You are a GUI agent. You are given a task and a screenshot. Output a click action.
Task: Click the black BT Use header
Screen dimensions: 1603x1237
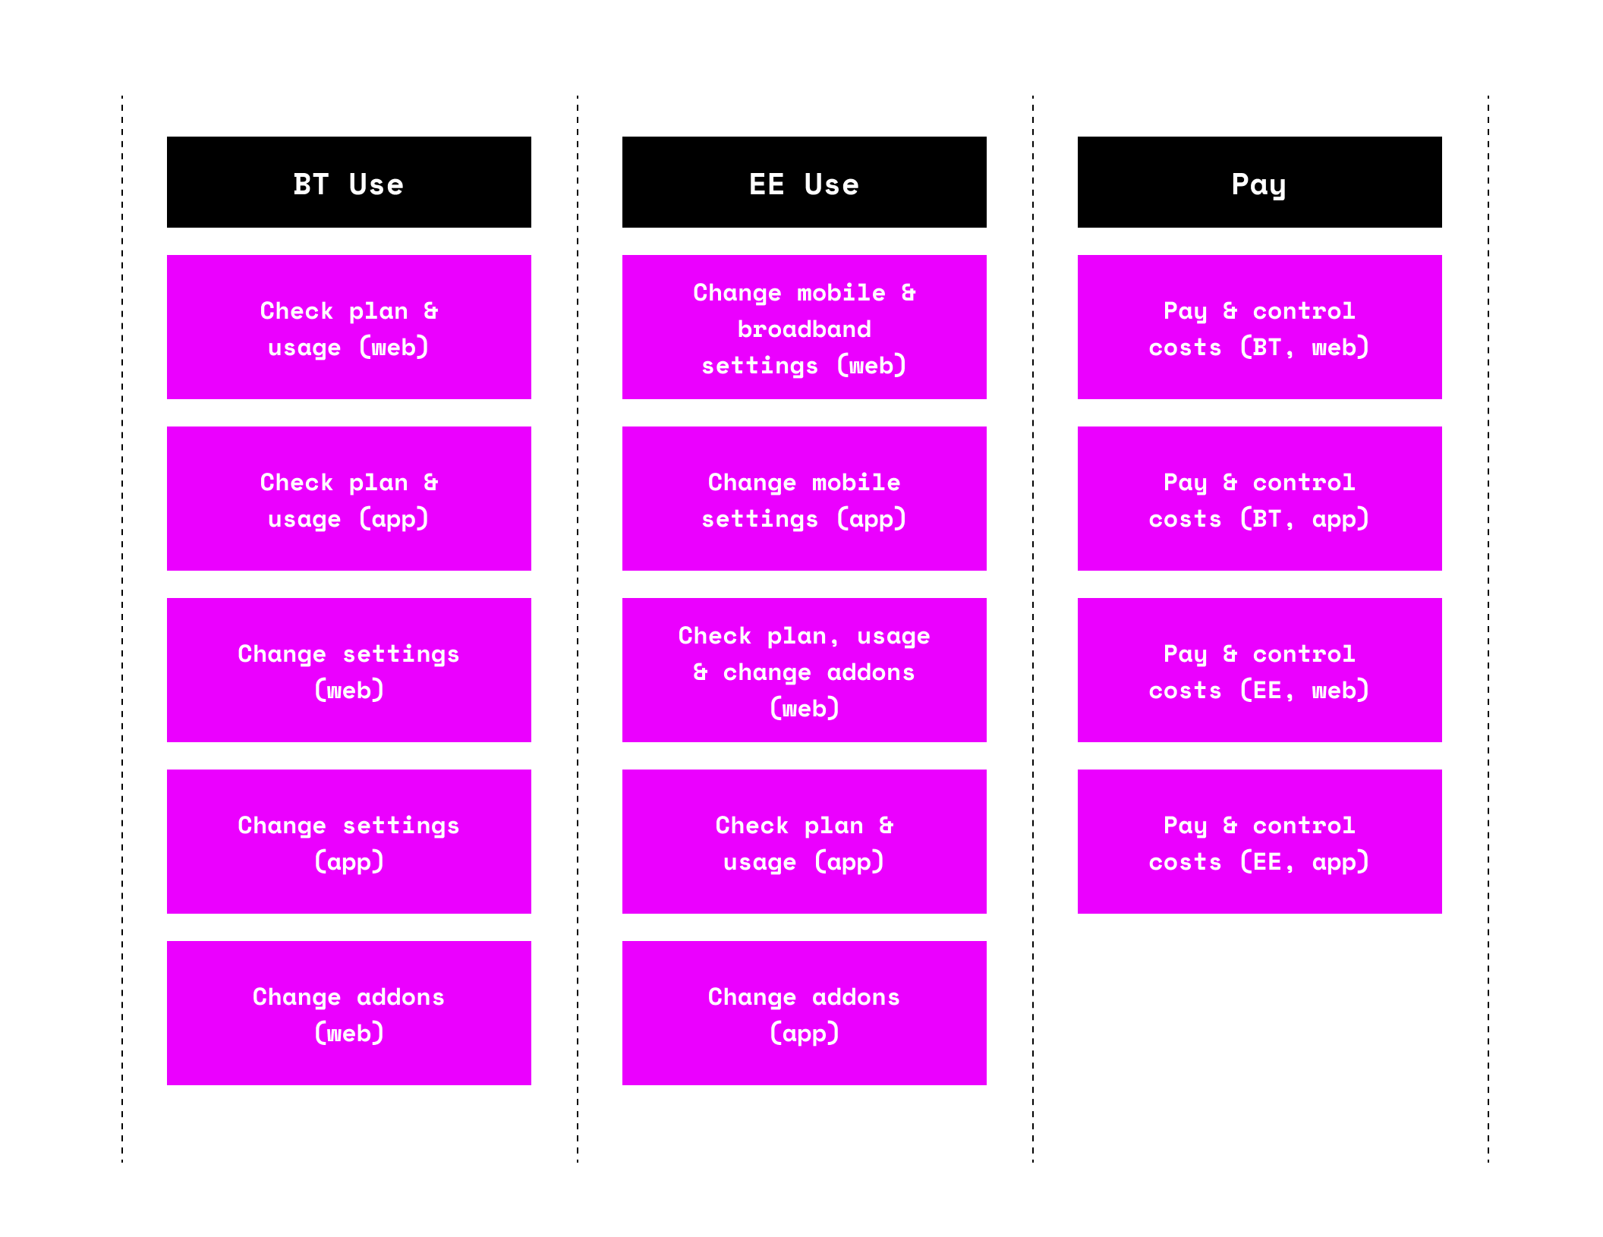point(349,182)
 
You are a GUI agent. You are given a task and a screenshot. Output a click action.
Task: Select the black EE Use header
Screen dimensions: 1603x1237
point(805,182)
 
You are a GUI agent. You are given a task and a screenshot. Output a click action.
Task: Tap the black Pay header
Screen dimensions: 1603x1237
point(1260,182)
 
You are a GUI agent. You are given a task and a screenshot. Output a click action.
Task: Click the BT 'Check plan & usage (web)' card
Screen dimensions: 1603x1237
point(349,327)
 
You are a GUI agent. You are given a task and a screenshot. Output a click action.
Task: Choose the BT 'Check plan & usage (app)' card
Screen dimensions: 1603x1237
point(349,499)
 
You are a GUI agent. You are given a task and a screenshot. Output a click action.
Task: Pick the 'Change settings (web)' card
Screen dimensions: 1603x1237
point(349,670)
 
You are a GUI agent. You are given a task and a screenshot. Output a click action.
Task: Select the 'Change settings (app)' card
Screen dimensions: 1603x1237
point(349,842)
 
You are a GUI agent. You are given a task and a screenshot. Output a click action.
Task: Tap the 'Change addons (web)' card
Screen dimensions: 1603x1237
point(349,1013)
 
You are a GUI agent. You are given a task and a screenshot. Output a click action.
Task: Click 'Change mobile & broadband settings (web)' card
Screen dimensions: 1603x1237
point(805,327)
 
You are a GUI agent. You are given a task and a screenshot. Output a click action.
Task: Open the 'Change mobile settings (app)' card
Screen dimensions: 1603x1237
point(805,499)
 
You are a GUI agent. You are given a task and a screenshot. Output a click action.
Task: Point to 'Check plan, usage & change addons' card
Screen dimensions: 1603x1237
point(805,670)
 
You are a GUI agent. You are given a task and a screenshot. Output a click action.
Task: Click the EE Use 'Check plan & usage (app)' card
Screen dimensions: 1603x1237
point(805,842)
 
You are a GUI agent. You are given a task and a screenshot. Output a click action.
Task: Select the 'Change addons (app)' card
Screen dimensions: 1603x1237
point(805,1013)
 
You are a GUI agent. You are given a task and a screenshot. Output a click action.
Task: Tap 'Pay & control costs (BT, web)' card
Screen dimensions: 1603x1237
point(1260,327)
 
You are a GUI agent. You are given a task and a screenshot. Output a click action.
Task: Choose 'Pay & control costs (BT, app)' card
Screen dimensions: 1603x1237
point(1260,499)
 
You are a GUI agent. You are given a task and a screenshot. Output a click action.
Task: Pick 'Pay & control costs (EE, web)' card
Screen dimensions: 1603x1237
point(1260,670)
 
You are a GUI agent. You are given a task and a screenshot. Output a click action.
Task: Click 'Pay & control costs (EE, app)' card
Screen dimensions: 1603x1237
point(1260,842)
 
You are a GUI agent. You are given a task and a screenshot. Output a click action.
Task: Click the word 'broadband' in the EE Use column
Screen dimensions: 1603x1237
point(805,329)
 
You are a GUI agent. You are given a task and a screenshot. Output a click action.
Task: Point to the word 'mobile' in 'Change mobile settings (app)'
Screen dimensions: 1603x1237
point(856,482)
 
